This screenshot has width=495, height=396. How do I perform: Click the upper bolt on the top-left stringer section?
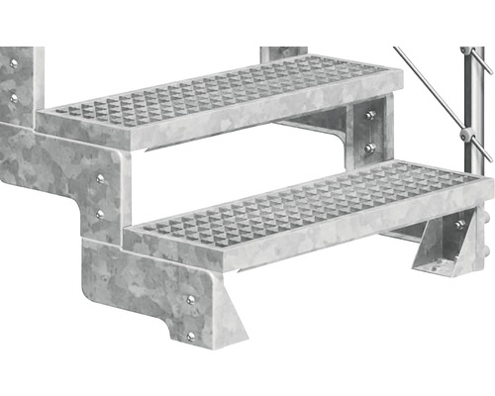point(14,63)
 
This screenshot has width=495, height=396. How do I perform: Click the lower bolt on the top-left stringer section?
point(14,98)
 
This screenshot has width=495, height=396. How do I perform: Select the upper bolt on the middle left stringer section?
point(100,178)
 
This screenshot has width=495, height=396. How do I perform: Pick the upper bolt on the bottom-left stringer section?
point(190,299)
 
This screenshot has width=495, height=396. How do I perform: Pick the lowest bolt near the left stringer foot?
point(191,336)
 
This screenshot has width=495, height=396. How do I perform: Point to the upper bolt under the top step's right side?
point(369,116)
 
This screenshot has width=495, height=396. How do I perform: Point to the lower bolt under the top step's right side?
point(369,148)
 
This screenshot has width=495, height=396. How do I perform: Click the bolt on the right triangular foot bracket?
point(458,226)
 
